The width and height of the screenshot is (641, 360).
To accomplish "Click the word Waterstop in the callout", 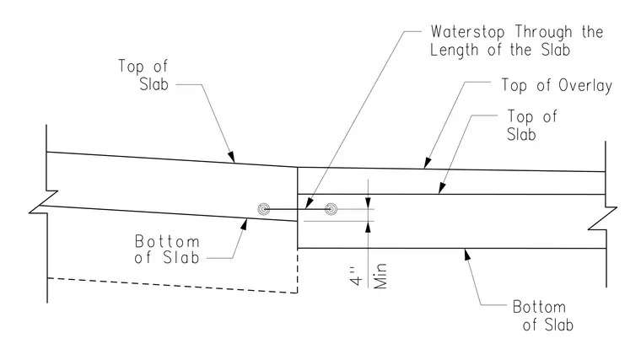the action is pyautogui.click(x=467, y=32).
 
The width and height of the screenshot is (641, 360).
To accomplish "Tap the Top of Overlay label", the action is pyautogui.click(x=557, y=85).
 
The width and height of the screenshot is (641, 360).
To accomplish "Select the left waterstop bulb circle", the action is pyautogui.click(x=264, y=209).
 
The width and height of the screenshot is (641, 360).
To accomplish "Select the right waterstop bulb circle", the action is pyautogui.click(x=331, y=209).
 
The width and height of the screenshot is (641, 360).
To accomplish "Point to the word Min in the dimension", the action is pyautogui.click(x=380, y=277).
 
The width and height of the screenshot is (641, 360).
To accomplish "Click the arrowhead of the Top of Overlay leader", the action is pyautogui.click(x=428, y=163).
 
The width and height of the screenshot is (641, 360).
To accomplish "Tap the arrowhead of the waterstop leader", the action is pyautogui.click(x=309, y=203).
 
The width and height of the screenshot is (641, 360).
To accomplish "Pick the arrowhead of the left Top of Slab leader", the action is pyautogui.click(x=231, y=158).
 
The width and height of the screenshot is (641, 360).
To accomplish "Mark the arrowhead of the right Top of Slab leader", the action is pyautogui.click(x=441, y=188).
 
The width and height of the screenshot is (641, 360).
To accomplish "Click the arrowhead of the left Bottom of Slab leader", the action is pyautogui.click(x=245, y=224).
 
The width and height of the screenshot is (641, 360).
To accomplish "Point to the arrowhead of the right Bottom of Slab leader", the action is pyautogui.click(x=467, y=255).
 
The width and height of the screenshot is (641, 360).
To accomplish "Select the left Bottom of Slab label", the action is pyautogui.click(x=167, y=250).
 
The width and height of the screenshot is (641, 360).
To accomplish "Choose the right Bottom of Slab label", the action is pyautogui.click(x=543, y=315).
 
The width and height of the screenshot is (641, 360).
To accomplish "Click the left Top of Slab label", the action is pyautogui.click(x=143, y=75).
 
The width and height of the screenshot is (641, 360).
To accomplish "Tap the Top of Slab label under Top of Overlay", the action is pyautogui.click(x=532, y=126).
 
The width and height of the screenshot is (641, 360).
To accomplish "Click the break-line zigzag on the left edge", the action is pyautogui.click(x=44, y=201).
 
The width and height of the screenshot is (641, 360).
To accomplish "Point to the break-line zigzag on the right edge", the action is pyautogui.click(x=602, y=219).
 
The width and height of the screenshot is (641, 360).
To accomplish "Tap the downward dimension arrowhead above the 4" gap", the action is pyautogui.click(x=368, y=203).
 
